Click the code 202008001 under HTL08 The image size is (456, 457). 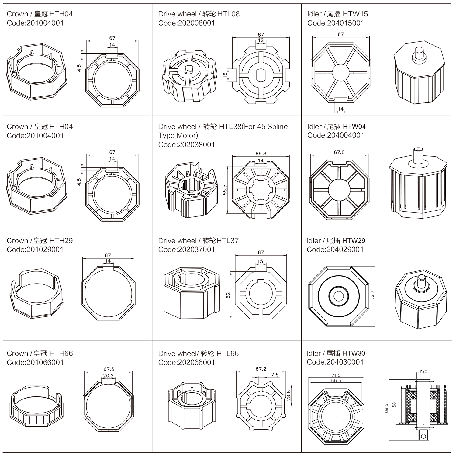coord(186,23)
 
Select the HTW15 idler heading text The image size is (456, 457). coord(337,14)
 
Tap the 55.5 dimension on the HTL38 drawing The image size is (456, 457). coord(225,190)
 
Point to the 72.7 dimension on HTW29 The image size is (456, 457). coord(372,295)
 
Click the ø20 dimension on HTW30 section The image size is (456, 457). coord(423,371)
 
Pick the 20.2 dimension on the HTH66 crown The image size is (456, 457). coord(108,376)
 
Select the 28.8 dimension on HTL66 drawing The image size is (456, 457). coord(288,395)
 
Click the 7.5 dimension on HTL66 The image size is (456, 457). coord(275,375)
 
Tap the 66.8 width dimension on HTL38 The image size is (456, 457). coord(261,154)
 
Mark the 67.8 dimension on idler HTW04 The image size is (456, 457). coord(339,152)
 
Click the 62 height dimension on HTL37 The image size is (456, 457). coord(228,295)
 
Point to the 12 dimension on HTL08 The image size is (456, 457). coord(261,40)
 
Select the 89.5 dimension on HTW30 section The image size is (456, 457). coord(386,408)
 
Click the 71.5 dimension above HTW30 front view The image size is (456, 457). coord(336,375)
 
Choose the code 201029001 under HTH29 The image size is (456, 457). coord(35,249)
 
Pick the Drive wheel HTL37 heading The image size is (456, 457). coord(198,241)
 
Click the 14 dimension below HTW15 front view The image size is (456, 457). coord(340,109)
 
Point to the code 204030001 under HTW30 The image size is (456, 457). coord(335,362)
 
